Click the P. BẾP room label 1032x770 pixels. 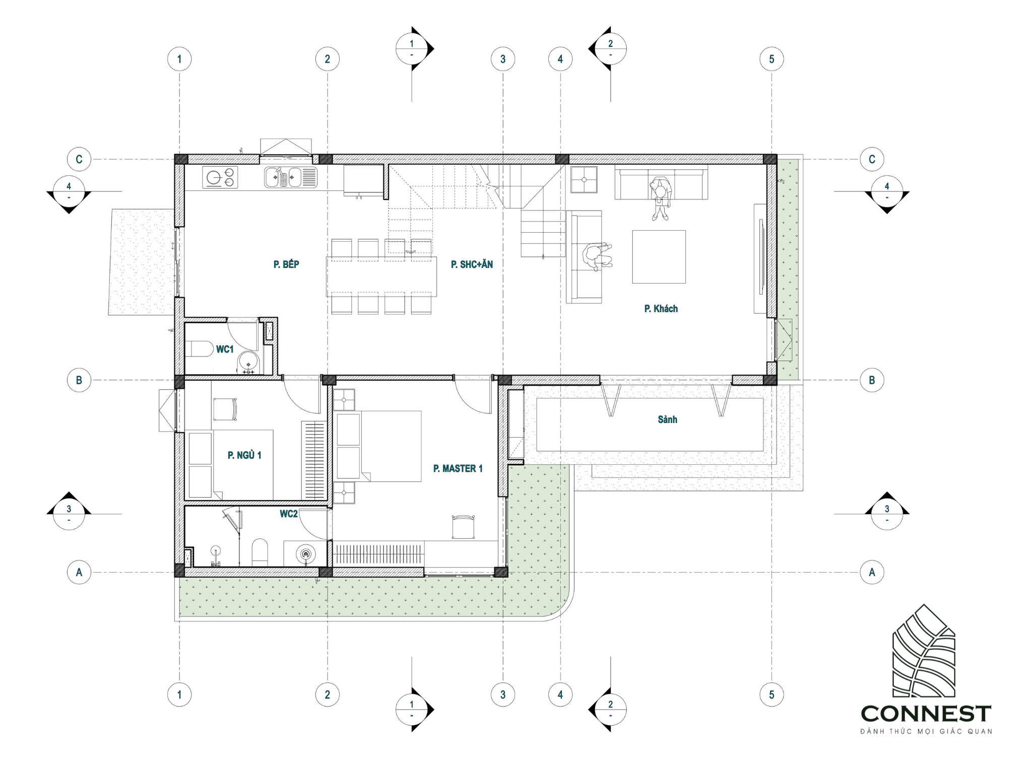pos(286,264)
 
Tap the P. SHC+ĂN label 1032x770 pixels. pos(472,264)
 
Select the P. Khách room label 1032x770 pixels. pos(661,309)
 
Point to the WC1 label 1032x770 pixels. pos(225,349)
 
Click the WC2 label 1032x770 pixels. pos(289,514)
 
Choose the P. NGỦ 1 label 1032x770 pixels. pos(244,455)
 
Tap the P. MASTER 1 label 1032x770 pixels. pos(458,468)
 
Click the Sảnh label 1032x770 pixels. pos(667,419)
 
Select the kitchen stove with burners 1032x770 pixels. pos(220,178)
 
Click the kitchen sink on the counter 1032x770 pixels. pos(291,177)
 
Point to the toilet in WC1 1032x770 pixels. pos(200,348)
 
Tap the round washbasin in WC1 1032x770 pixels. pos(248,362)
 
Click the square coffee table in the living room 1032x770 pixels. pos(659,257)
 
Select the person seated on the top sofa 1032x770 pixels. pos(660,198)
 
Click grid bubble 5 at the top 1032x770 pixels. pos(771,59)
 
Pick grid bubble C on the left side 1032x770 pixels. pos(79,159)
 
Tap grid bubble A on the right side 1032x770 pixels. pos(872,572)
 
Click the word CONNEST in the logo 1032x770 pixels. pos(926,714)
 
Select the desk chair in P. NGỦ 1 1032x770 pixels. pos(225,409)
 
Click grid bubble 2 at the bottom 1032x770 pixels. pos(328,694)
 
